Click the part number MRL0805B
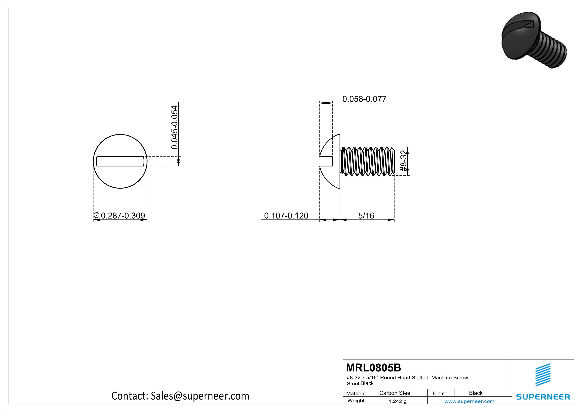click(373, 368)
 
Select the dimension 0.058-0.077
click(364, 99)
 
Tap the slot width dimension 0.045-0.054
click(175, 127)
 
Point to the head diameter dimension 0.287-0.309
click(123, 216)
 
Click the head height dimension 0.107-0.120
click(286, 216)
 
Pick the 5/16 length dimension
click(366, 216)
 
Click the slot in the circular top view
click(120, 161)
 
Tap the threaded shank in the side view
click(368, 161)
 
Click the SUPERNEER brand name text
click(543, 397)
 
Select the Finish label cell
click(440, 393)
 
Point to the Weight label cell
click(356, 401)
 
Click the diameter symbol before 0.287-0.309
click(97, 215)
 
